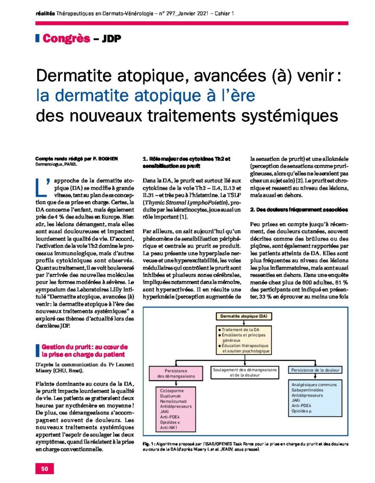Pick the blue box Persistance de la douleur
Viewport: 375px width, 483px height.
(x=315, y=371)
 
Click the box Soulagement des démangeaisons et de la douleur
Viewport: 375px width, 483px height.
(x=245, y=373)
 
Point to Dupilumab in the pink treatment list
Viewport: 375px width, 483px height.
(x=171, y=397)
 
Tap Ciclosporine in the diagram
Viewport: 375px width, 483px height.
(x=172, y=391)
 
